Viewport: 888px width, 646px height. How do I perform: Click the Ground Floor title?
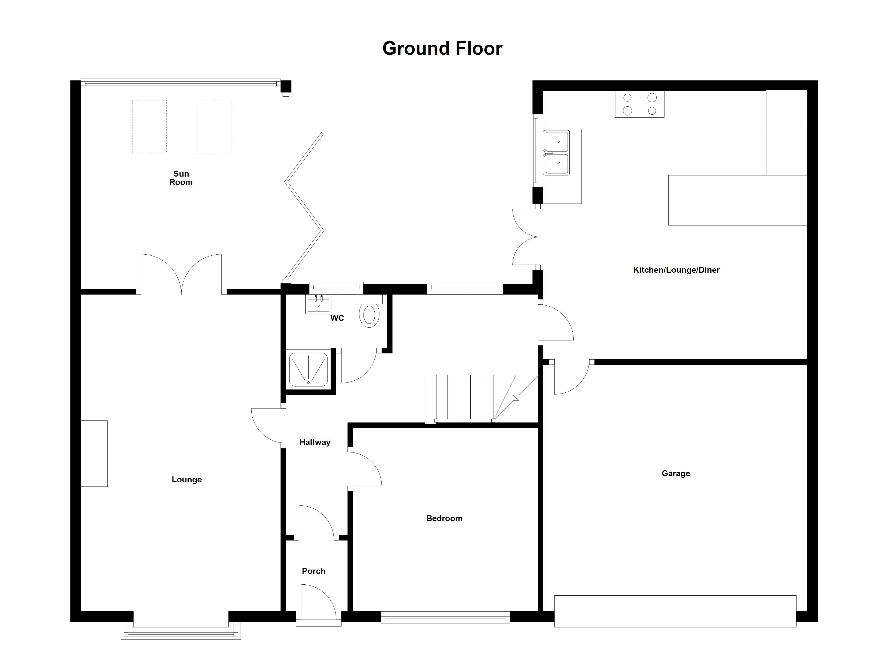[442, 48]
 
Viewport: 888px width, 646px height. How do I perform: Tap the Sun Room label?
[181, 178]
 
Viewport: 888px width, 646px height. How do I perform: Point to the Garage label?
[676, 473]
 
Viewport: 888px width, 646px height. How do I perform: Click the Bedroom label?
[444, 518]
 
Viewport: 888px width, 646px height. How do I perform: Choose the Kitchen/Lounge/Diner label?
[676, 270]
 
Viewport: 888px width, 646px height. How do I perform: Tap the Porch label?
[313, 571]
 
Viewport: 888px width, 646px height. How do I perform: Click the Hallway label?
[315, 442]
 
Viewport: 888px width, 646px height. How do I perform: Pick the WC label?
[337, 318]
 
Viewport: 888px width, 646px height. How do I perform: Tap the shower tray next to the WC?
[309, 369]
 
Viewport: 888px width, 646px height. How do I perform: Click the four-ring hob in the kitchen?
[640, 104]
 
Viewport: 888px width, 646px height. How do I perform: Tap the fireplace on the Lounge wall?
[94, 454]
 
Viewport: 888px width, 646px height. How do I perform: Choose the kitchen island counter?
[738, 200]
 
